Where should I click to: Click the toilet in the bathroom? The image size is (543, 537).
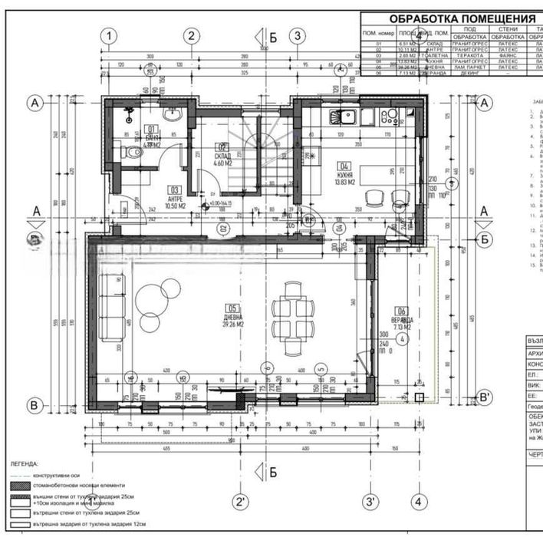(x=136, y=153)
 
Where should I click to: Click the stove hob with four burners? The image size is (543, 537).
(x=391, y=117)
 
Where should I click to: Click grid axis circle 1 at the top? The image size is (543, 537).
(x=110, y=35)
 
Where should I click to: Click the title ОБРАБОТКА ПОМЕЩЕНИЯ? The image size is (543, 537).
(x=462, y=18)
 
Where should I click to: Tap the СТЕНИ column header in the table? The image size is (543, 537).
(x=507, y=29)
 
